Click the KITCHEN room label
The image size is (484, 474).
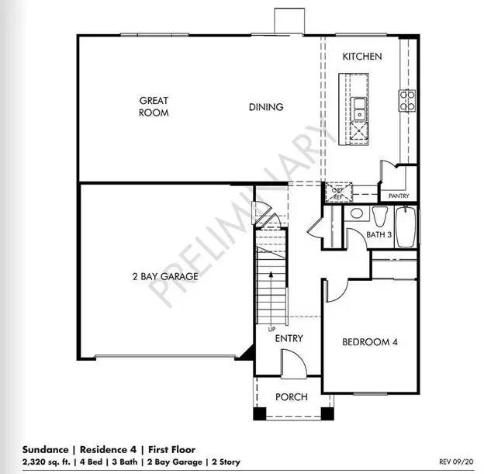coord(362,57)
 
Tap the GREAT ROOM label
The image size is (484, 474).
coord(154,106)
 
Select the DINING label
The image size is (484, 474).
coord(266,107)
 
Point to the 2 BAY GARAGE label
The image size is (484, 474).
coord(164,276)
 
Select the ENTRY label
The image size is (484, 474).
coord(289,338)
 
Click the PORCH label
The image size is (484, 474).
coord(292,396)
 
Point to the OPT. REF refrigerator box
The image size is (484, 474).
coord(338,193)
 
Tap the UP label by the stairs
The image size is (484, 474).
coord(271,330)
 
